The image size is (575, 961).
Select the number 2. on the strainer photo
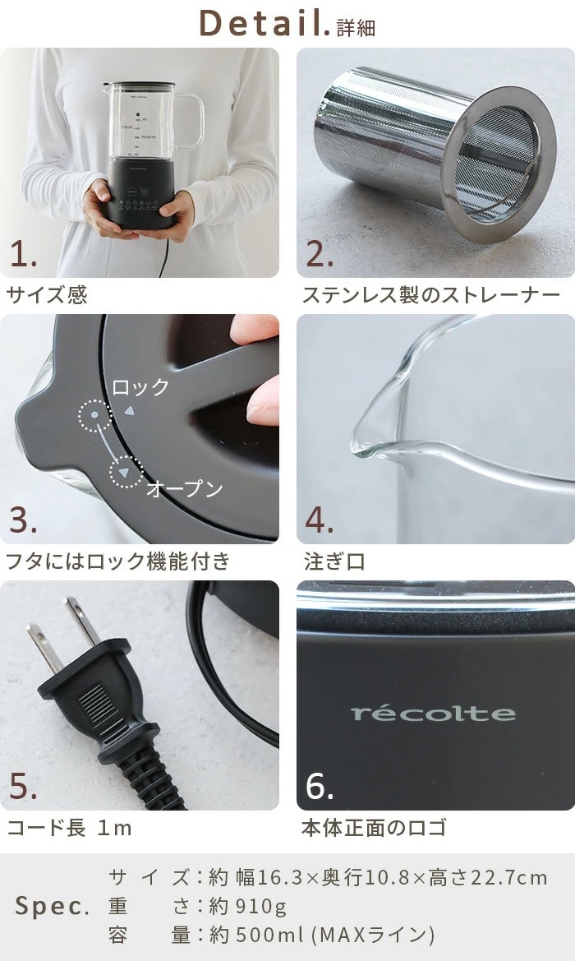point(319,254)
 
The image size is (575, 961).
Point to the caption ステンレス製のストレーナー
point(431,295)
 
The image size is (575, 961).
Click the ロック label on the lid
point(140,387)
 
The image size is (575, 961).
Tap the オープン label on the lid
point(184,488)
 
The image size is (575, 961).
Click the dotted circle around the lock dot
point(95,415)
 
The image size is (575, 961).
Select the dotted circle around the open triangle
point(126,472)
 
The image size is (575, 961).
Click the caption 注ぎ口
point(334,561)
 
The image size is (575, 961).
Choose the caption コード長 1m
point(69,828)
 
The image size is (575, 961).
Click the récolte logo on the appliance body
point(433,714)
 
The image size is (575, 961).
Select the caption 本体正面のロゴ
point(374,828)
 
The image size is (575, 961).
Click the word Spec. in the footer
point(52,906)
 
